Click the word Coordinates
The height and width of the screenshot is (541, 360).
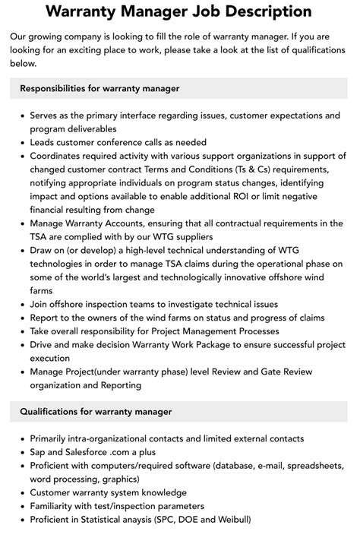(59, 155)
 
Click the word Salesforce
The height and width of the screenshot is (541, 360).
(91, 452)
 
